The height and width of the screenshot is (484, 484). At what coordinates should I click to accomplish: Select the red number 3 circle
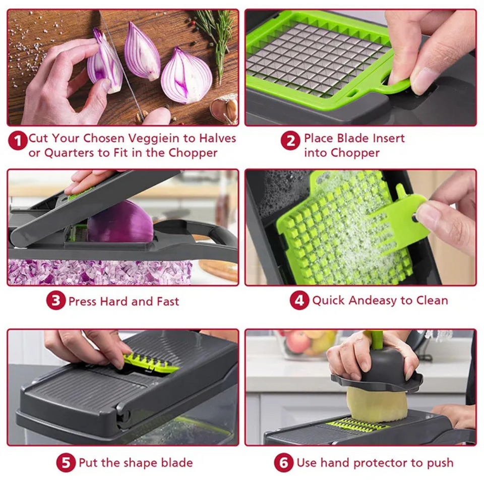pos(55,301)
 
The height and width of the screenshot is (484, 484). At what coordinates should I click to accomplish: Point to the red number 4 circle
pos(299,301)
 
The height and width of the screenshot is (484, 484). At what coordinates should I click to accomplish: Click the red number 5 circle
pos(66,463)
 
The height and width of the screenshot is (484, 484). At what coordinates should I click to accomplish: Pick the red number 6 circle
pos(283,463)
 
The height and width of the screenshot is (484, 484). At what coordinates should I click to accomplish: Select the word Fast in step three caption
pos(167,301)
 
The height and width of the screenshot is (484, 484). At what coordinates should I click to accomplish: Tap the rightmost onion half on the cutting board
pos(187,76)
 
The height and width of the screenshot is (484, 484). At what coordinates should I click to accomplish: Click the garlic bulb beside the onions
pos(225,108)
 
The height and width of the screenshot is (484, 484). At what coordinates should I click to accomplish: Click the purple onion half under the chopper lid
pos(121,222)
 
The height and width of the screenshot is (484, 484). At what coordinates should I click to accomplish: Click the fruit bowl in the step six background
pos(302,345)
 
